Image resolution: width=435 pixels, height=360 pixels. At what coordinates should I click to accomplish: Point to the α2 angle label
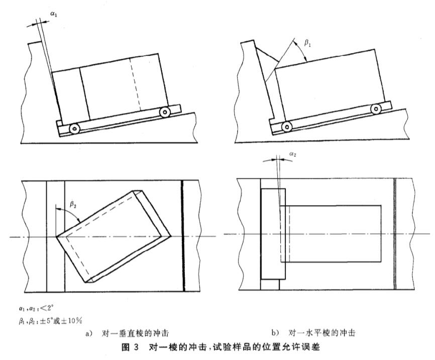[x=293, y=155]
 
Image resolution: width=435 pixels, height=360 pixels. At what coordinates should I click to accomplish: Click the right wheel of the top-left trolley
[x=164, y=112]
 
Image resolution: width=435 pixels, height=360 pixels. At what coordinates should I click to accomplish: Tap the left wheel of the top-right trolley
[x=286, y=126]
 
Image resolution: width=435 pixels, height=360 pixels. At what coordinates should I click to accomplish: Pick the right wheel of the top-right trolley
[x=375, y=108]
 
